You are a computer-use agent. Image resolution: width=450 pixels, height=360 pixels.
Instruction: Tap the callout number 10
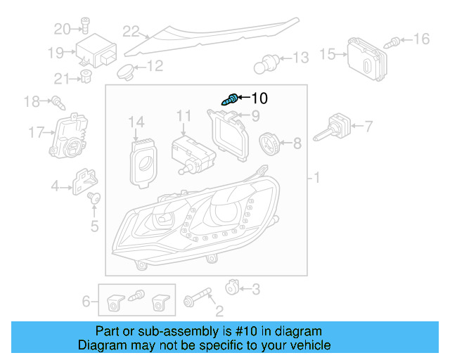tap(259, 98)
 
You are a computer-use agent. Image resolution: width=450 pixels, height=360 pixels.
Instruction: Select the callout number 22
tap(131, 31)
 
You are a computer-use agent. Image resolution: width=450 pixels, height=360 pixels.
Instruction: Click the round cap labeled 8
tap(269, 143)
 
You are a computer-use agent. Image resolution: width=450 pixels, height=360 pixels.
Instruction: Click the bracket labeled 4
tap(85, 180)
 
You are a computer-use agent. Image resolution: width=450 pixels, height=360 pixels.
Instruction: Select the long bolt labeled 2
tap(198, 297)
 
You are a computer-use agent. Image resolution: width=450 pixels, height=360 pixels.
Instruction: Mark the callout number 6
tap(86, 302)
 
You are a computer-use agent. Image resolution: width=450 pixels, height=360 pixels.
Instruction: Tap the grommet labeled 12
tap(126, 70)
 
